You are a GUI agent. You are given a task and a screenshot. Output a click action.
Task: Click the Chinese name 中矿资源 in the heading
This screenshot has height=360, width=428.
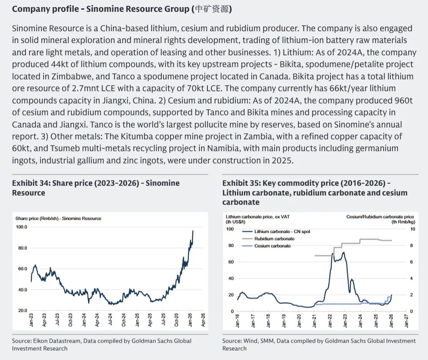(x=213, y=9)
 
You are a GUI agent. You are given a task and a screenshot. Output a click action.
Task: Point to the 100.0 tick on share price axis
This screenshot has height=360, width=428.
(x=22, y=227)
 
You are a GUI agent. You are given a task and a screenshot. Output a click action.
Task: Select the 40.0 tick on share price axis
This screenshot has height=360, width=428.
(x=22, y=290)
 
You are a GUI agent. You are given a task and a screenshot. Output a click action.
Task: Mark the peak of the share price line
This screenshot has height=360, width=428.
(x=193, y=231)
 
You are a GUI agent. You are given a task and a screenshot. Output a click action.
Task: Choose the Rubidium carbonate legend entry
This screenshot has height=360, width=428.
(x=274, y=239)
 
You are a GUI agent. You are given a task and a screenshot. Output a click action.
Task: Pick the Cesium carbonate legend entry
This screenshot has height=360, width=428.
(x=273, y=246)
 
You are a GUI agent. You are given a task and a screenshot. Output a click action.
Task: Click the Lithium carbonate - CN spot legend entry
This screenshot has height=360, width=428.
(x=282, y=232)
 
